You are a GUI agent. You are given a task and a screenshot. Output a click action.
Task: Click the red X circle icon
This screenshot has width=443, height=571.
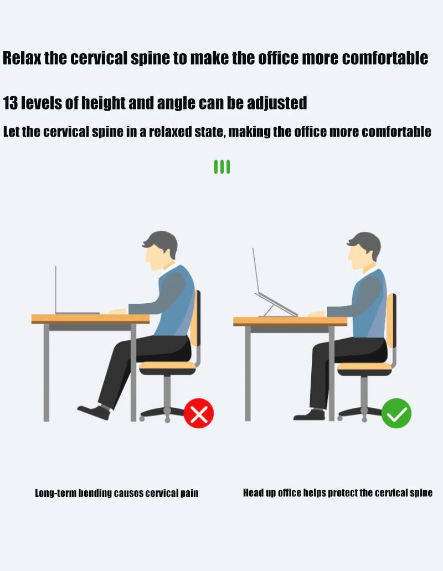coord(199,413)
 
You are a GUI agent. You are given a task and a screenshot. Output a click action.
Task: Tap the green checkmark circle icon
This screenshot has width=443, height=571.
coord(396,413)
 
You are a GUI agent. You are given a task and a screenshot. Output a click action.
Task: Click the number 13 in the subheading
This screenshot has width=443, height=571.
coord(10,103)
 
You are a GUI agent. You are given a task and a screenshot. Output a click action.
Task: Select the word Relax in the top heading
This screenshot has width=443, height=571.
coord(22,58)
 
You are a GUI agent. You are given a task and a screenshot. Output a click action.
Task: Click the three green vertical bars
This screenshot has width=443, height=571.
coord(222,167)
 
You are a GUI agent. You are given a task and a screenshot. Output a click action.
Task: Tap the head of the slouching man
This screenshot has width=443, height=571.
coord(160,250)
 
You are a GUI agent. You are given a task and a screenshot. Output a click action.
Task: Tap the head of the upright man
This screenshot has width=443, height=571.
coord(364,251)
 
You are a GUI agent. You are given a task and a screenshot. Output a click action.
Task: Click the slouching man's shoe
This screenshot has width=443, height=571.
coord(94,412)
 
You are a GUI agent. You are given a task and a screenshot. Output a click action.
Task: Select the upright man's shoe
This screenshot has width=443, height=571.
coord(309,415)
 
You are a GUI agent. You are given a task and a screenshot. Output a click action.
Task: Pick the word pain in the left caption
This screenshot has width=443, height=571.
coord(189,494)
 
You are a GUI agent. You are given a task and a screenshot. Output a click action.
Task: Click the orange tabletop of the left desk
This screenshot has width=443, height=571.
coord(90,319)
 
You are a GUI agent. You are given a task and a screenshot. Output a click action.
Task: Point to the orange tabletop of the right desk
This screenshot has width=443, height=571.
coord(290,321)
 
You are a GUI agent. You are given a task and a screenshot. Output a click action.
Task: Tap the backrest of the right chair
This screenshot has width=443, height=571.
coord(390,320)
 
